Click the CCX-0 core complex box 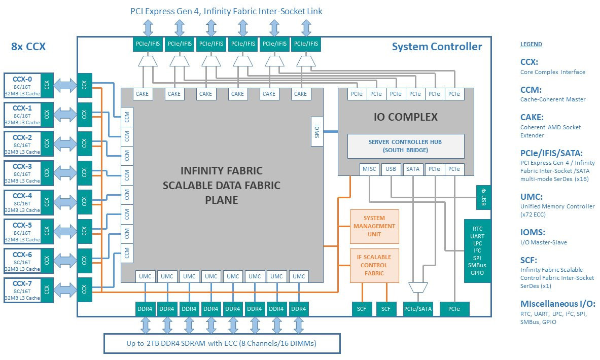(x=22, y=85)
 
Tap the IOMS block (x=317, y=131)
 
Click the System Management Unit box (x=374, y=226)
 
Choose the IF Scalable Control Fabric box (x=374, y=265)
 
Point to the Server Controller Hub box (x=406, y=146)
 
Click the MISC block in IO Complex (x=369, y=169)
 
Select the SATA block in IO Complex (x=413, y=169)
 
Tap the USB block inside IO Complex (x=391, y=169)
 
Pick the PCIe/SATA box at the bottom (x=418, y=309)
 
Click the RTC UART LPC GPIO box (x=477, y=251)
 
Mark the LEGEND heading (x=531, y=44)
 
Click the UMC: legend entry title (x=532, y=196)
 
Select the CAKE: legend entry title (x=533, y=117)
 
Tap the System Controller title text (x=437, y=47)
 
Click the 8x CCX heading (x=28, y=47)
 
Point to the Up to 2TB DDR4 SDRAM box (x=222, y=343)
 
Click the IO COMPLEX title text (x=406, y=117)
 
